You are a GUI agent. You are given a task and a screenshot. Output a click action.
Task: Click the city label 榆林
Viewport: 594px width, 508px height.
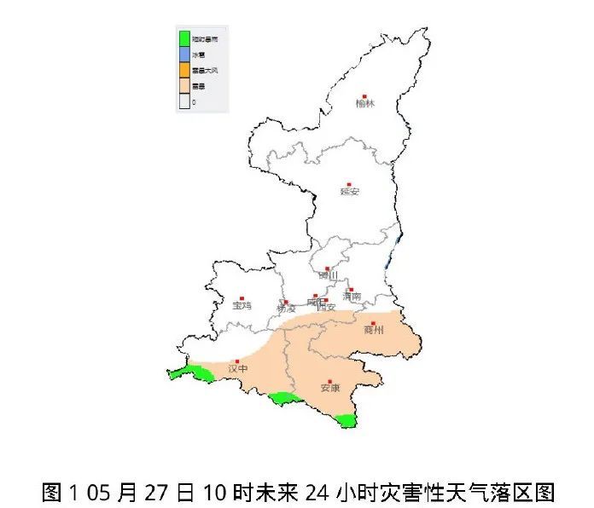pyautogui.click(x=364, y=104)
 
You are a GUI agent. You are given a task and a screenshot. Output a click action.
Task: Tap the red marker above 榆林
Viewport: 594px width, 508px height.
pyautogui.click(x=364, y=95)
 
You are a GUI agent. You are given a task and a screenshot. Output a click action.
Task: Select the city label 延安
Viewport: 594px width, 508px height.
pyautogui.click(x=350, y=192)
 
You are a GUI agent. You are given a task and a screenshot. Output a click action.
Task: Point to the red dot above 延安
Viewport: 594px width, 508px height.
pyautogui.click(x=349, y=183)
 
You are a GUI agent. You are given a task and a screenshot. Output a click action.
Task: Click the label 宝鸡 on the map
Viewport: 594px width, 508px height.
pyautogui.click(x=242, y=304)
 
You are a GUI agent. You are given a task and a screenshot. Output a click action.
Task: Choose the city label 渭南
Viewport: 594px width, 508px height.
pyautogui.click(x=351, y=297)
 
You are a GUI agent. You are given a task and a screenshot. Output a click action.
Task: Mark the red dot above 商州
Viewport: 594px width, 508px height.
pyautogui.click(x=373, y=322)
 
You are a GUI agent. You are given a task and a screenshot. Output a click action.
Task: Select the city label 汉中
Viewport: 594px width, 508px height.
pyautogui.click(x=238, y=369)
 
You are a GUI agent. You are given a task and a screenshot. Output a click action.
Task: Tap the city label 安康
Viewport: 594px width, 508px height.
pyautogui.click(x=330, y=389)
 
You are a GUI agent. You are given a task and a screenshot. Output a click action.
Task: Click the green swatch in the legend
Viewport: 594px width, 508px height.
pyautogui.click(x=184, y=38)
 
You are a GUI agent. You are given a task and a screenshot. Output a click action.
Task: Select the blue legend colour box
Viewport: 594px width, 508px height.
pyautogui.click(x=184, y=54)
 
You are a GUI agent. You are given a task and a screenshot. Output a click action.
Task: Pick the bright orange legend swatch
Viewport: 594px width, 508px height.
pyautogui.click(x=184, y=70)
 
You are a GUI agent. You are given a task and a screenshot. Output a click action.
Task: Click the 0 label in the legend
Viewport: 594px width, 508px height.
pyautogui.click(x=194, y=101)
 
